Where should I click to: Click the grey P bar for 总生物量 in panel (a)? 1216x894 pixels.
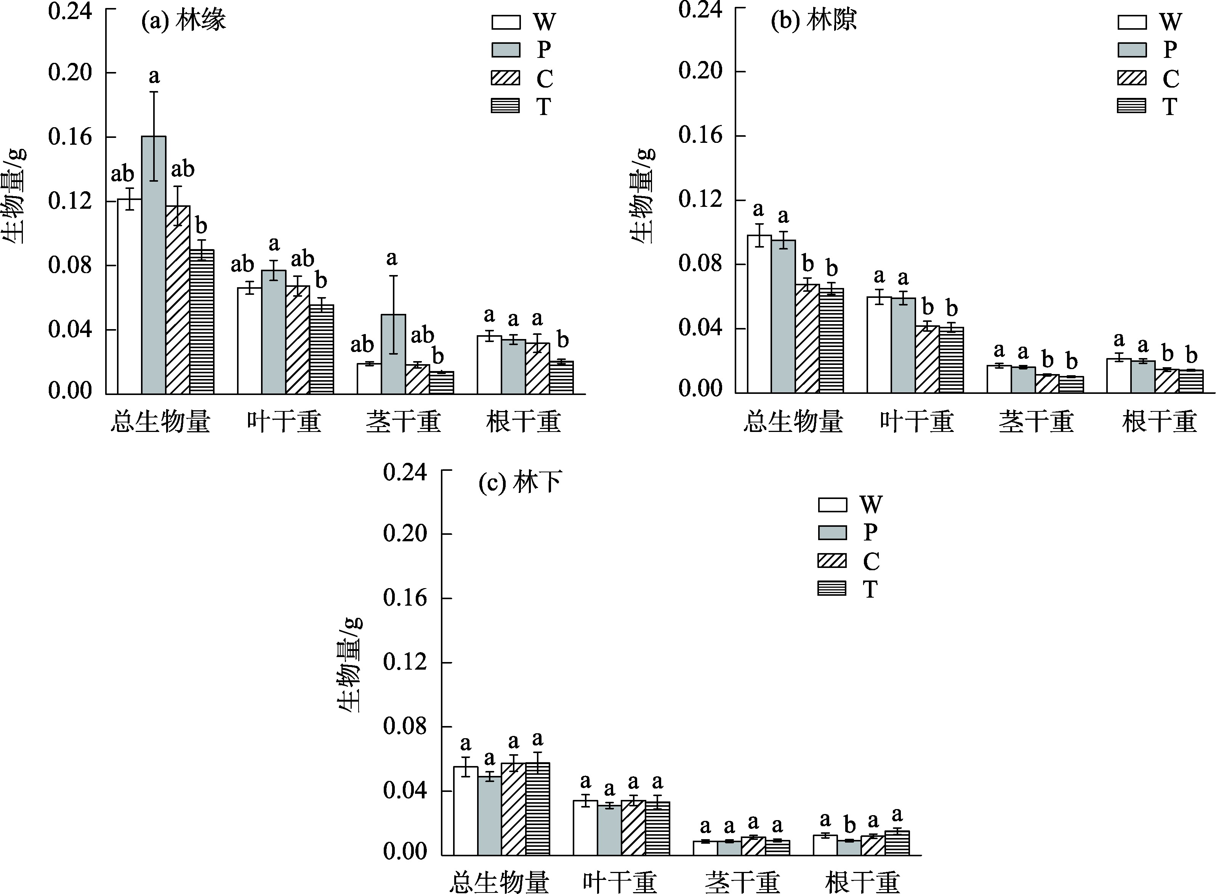click(x=154, y=265)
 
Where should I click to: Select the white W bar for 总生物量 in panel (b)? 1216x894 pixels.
click(x=759, y=314)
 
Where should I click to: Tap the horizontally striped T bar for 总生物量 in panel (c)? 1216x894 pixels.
click(x=538, y=809)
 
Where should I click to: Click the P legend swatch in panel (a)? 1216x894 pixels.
click(x=506, y=50)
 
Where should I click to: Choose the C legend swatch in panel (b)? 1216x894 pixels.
click(x=1131, y=78)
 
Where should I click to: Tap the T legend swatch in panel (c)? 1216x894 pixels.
click(x=832, y=589)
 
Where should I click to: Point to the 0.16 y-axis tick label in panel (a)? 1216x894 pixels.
click(x=70, y=137)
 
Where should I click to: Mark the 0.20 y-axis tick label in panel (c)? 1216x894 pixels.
click(x=405, y=534)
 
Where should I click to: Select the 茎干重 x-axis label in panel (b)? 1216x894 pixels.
click(x=1036, y=422)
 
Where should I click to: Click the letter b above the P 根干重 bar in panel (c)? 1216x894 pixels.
click(x=849, y=826)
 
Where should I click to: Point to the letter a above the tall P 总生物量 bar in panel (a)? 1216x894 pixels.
click(x=154, y=76)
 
